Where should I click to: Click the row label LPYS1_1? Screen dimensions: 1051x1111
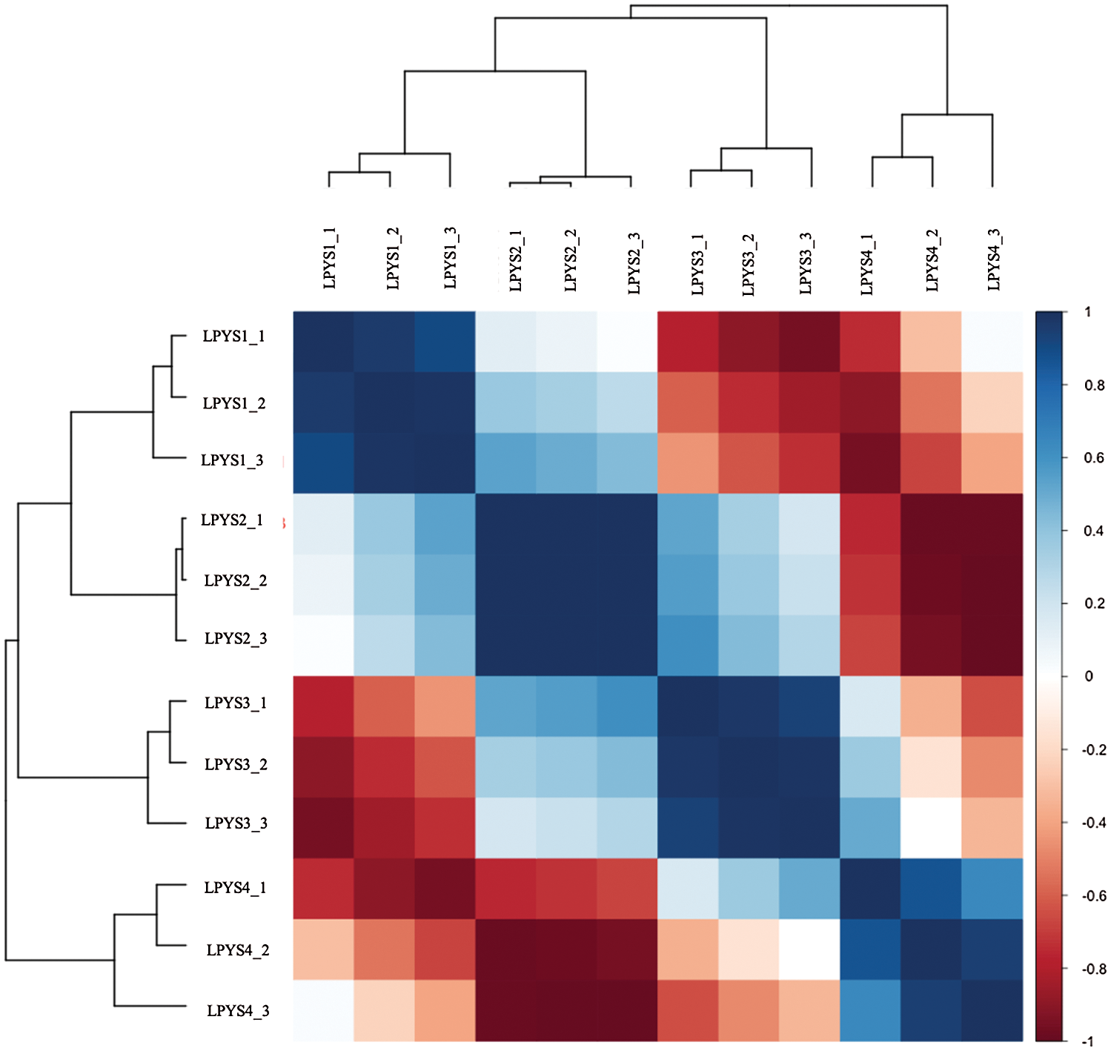tap(233, 336)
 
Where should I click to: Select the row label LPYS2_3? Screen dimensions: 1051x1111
tap(236, 639)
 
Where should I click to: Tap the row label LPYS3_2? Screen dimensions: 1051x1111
tap(236, 764)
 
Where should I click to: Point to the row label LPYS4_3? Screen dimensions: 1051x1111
tap(238, 1011)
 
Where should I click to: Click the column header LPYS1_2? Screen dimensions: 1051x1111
tap(393, 259)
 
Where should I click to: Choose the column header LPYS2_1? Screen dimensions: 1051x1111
tap(516, 260)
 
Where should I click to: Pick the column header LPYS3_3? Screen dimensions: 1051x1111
tap(806, 262)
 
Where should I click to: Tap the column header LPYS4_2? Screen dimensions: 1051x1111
tap(932, 260)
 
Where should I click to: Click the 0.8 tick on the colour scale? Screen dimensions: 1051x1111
tap(1094, 385)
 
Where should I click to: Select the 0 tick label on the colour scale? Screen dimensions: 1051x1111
tap(1089, 677)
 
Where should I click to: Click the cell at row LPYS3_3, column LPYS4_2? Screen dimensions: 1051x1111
tap(932, 828)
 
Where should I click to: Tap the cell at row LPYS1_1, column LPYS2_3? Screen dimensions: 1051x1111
tap(627, 342)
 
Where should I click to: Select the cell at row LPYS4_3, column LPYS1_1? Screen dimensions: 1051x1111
tap(323, 1010)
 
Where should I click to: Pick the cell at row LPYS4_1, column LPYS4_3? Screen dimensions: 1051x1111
tap(992, 889)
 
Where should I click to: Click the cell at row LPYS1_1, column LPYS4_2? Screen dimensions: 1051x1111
tap(932, 342)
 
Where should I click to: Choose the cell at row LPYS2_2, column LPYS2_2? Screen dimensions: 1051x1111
tap(566, 585)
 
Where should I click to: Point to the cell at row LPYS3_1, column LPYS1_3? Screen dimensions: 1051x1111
tap(445, 706)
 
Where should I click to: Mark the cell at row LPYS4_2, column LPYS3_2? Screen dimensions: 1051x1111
tap(749, 949)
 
